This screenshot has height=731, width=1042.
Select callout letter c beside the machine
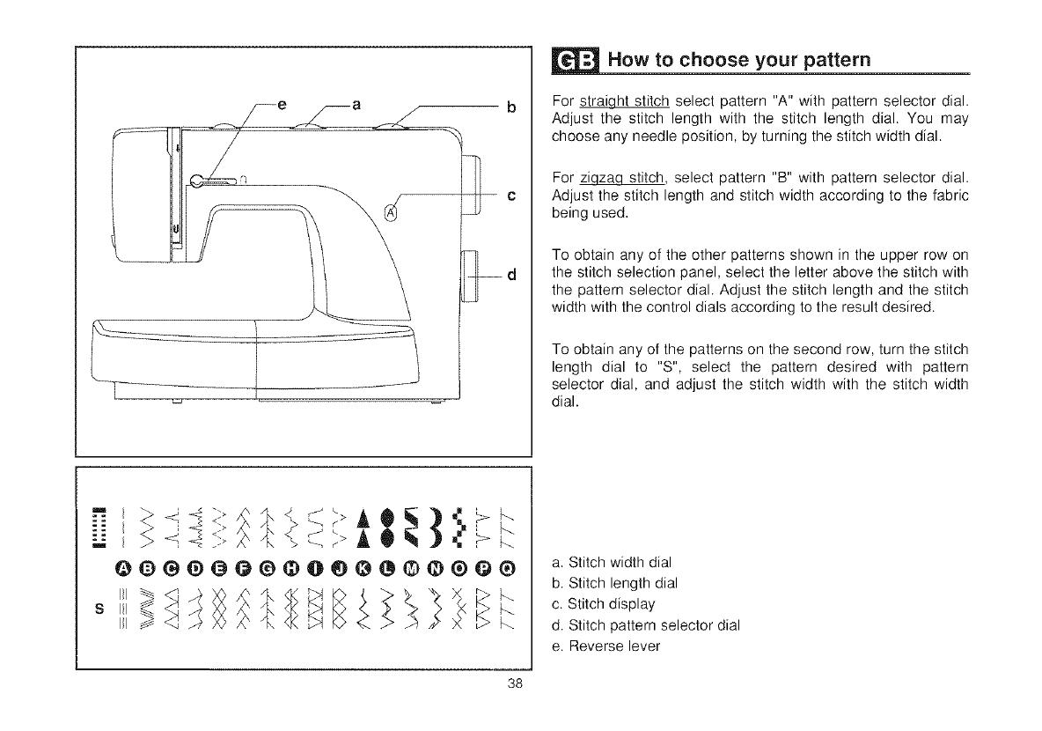point(510,195)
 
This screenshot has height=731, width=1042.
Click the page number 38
point(517,689)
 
